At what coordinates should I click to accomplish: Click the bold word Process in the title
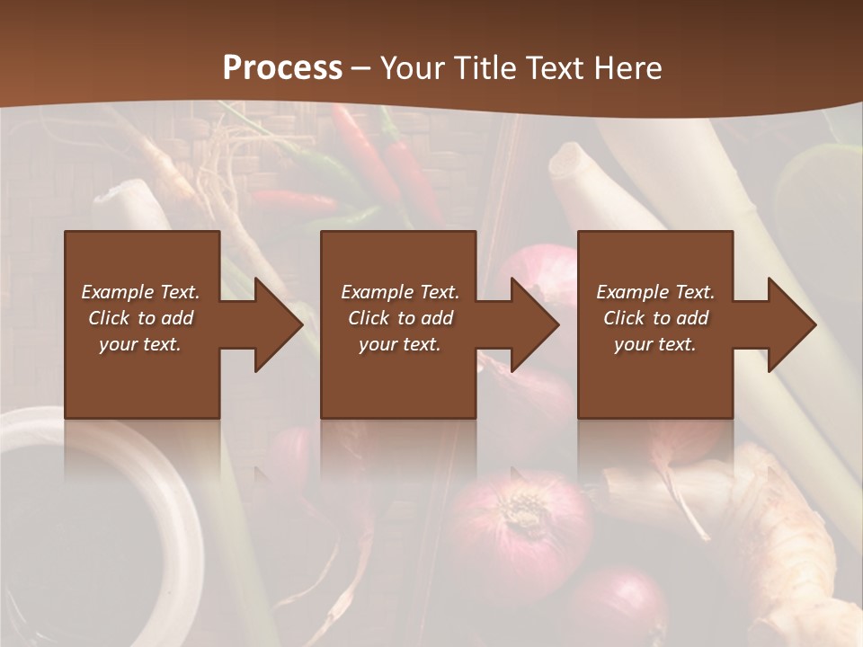coord(282,68)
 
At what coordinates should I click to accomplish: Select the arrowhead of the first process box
coord(274,324)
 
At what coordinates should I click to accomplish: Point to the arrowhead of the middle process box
coord(530,324)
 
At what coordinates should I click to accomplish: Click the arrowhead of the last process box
coord(787,324)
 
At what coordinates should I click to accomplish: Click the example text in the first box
coord(140,318)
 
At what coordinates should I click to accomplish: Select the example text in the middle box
coord(399,318)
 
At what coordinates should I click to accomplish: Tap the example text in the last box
coord(655,318)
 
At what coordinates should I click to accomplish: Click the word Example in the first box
coord(117,292)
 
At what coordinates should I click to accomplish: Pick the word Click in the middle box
coord(368,318)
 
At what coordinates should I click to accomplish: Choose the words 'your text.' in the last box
coord(655,344)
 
